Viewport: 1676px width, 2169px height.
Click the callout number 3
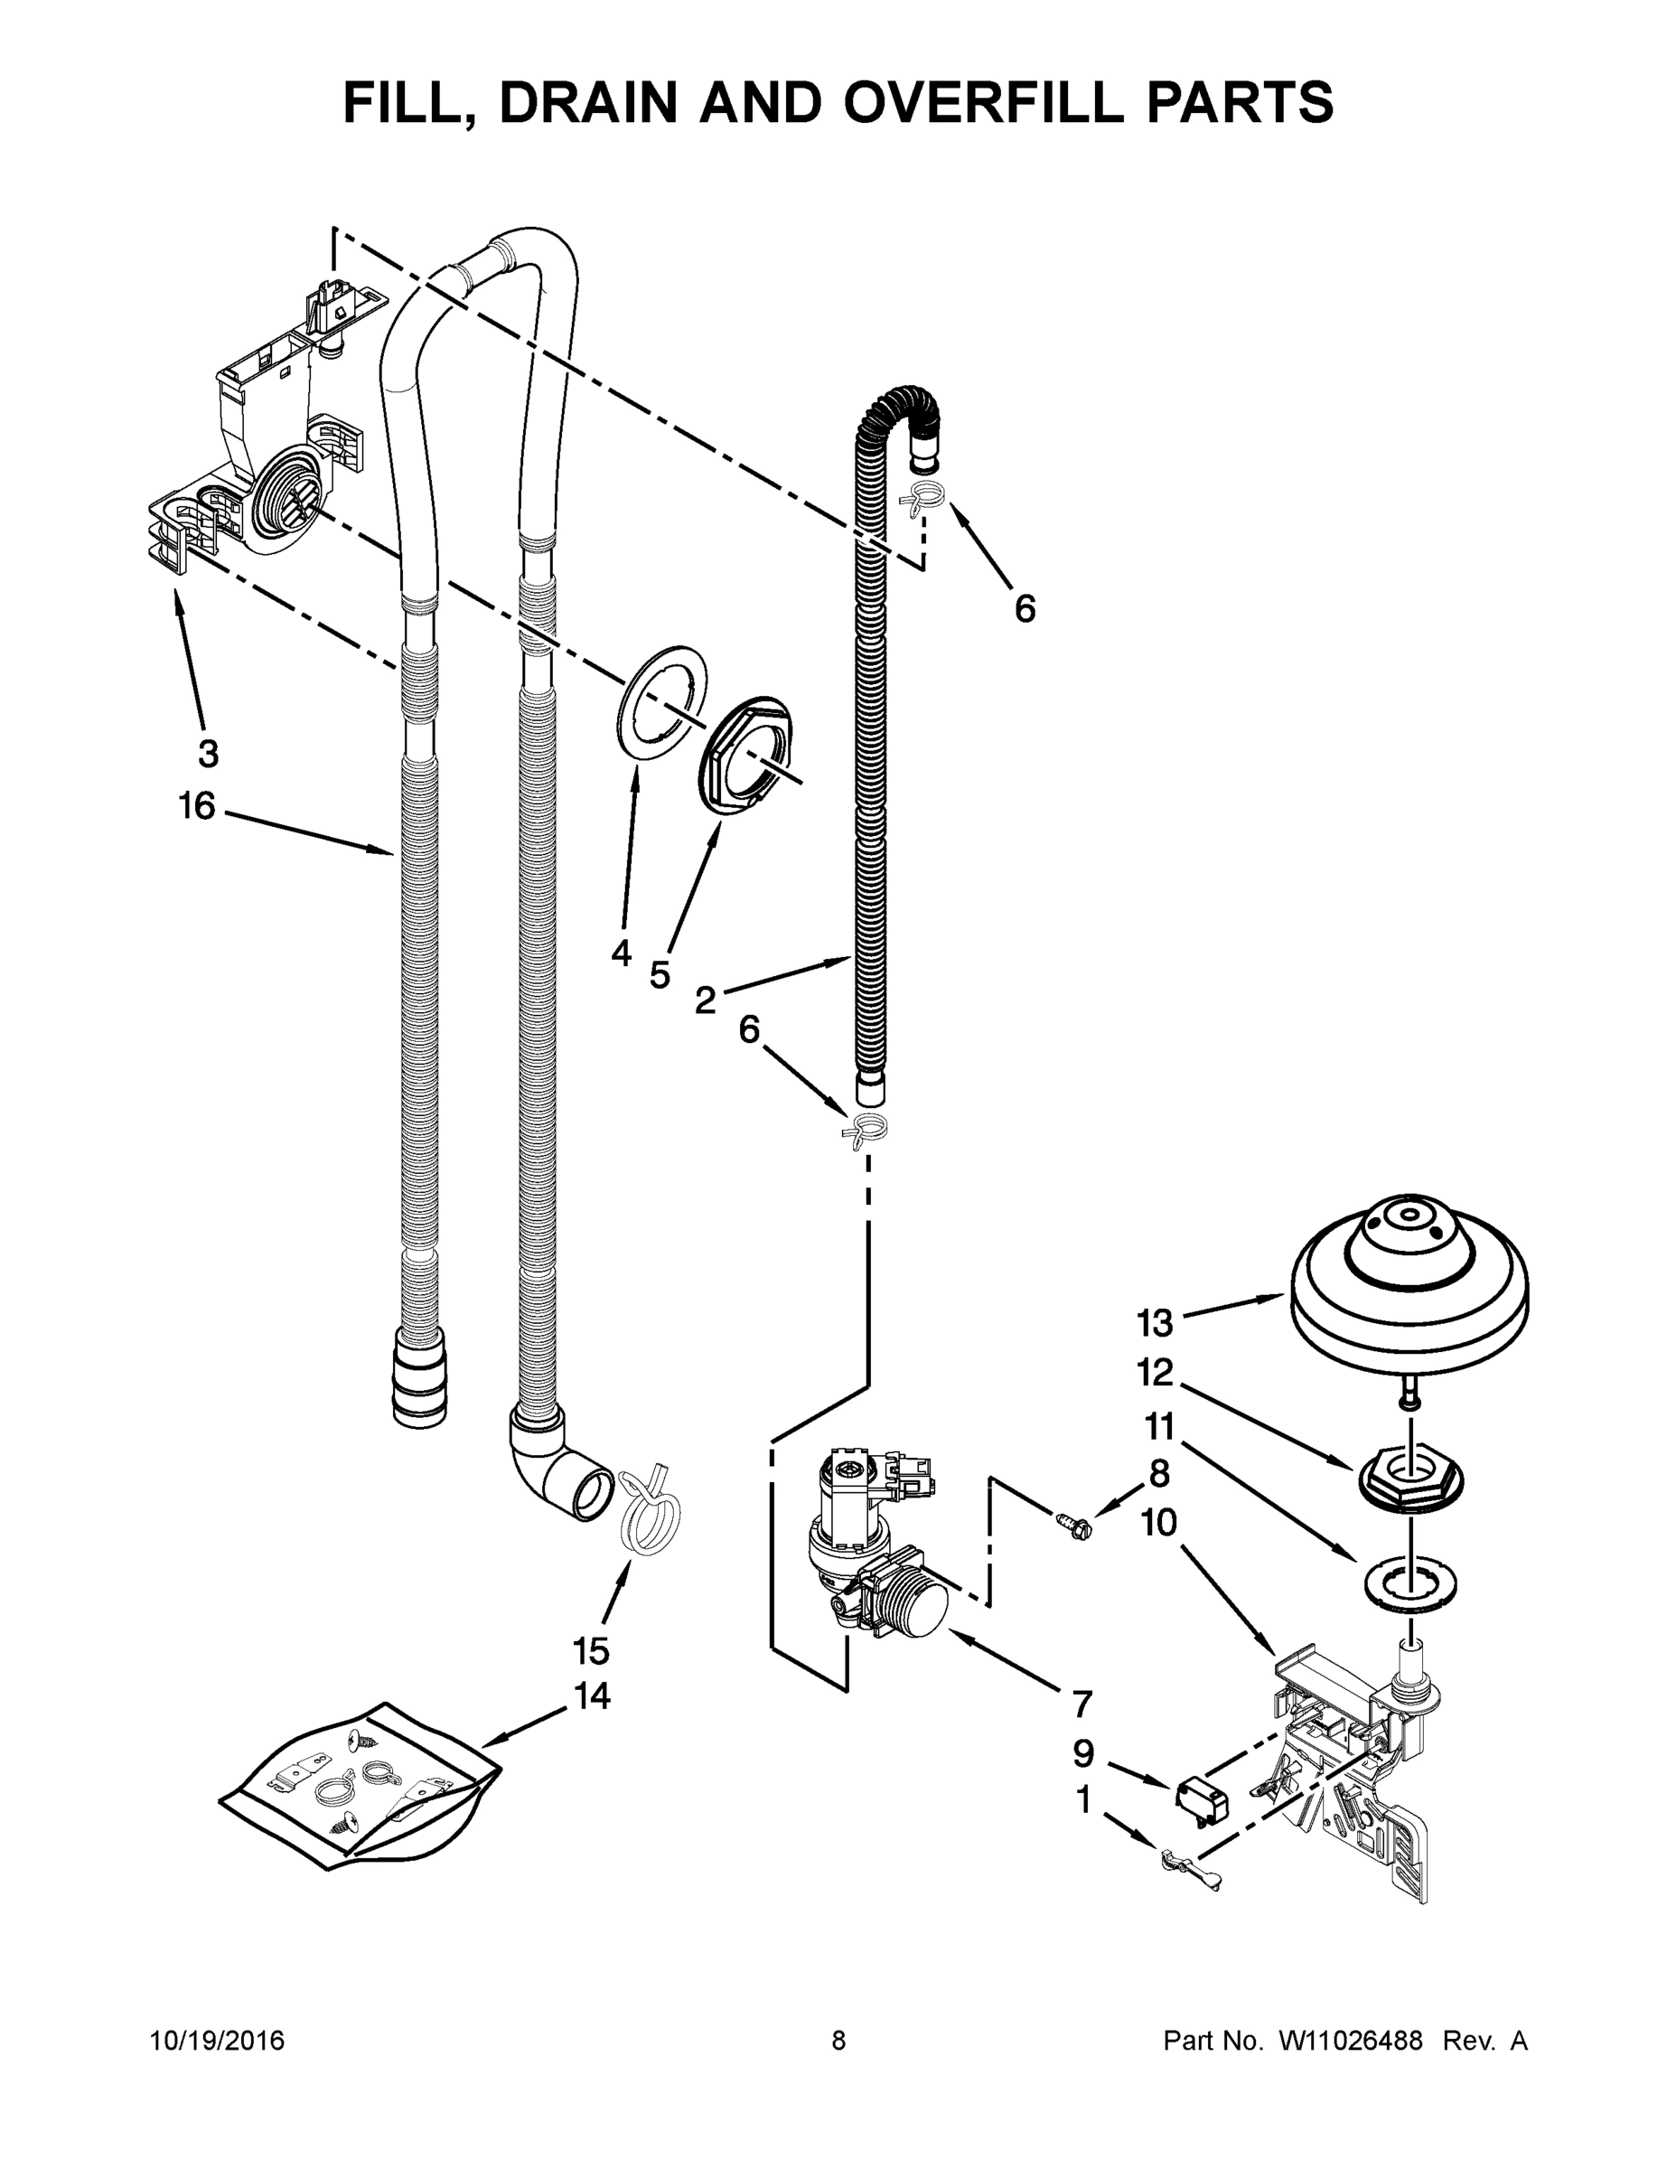[208, 754]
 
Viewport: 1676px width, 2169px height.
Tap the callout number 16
[197, 805]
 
